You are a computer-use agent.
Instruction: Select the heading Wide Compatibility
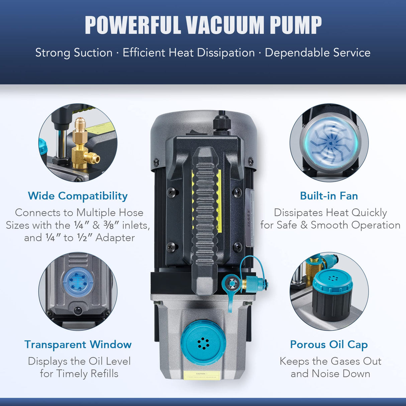(x=78, y=196)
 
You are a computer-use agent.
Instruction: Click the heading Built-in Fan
(x=329, y=196)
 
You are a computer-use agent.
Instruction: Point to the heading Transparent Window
(x=78, y=344)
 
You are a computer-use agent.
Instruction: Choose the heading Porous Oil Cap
(x=329, y=344)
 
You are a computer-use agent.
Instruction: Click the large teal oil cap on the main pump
(x=203, y=342)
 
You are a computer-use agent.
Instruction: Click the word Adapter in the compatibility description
(x=115, y=238)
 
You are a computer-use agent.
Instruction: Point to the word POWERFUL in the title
(x=132, y=25)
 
